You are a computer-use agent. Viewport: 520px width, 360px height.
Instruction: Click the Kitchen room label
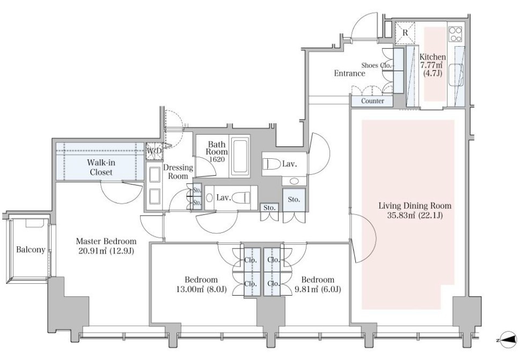click(433, 57)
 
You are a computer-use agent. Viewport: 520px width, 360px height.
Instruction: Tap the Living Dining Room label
click(415, 206)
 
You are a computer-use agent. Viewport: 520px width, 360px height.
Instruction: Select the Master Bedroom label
click(106, 241)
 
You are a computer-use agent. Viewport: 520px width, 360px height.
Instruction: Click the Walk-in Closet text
click(101, 167)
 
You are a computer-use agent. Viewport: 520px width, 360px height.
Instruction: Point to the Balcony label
click(31, 249)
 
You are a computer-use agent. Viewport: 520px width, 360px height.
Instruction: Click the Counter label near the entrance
click(372, 101)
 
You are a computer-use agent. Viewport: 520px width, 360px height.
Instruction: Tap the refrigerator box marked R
click(405, 33)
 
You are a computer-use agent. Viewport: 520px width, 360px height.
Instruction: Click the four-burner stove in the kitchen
click(455, 34)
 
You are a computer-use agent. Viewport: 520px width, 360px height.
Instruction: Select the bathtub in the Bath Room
click(240, 156)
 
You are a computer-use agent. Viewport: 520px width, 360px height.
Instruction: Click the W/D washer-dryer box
click(154, 151)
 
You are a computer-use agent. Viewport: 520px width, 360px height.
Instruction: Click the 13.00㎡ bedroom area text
click(201, 289)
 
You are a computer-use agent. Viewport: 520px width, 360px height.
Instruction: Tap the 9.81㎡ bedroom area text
click(318, 289)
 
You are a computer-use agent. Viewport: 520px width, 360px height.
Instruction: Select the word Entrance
click(349, 74)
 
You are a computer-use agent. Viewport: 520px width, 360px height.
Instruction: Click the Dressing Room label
click(178, 172)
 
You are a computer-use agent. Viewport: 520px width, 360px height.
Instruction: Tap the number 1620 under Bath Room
click(217, 159)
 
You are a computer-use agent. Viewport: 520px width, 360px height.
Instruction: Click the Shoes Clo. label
click(377, 65)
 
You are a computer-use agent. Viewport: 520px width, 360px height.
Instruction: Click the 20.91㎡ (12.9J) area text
click(106, 251)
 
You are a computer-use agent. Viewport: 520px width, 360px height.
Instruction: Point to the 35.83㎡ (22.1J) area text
click(415, 216)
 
